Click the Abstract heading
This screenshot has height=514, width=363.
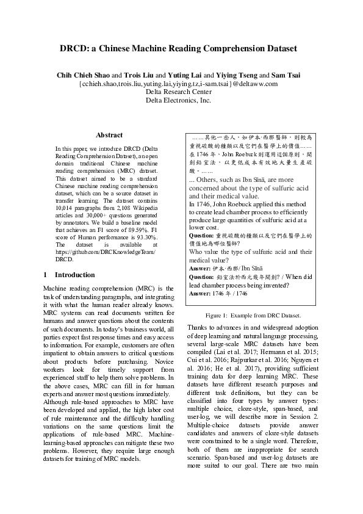coord(109,135)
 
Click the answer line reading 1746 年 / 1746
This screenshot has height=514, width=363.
coord(218,293)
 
